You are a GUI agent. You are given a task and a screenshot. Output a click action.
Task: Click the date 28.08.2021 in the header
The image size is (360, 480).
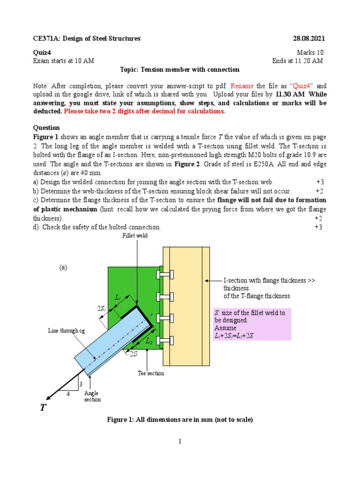coord(309,38)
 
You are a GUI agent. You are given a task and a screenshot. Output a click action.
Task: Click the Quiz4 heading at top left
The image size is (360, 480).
coord(42,52)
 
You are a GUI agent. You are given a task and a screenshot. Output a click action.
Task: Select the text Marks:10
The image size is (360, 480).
coord(310,52)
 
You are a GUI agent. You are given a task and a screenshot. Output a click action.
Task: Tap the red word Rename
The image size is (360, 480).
coord(242,86)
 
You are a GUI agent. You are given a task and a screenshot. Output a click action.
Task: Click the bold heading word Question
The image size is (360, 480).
coord(46,127)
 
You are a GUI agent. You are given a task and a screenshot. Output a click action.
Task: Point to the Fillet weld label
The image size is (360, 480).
coord(135,235)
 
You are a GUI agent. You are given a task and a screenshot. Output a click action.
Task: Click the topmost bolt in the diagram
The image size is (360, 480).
coord(165,275)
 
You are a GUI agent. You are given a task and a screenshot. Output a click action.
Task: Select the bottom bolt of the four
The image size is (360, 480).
coord(165,341)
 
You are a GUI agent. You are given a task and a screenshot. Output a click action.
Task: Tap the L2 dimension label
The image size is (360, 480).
coord(149,341)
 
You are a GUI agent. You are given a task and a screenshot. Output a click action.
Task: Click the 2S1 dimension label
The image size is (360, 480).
coord(102,308)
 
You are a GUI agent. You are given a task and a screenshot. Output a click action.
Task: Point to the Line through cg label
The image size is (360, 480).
coord(67,330)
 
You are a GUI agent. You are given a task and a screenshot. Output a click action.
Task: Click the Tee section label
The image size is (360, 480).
coord(151,373)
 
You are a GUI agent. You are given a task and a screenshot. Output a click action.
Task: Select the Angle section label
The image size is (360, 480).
coord(92,396)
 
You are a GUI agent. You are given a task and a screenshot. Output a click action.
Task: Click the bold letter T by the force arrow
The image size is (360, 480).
coord(43,407)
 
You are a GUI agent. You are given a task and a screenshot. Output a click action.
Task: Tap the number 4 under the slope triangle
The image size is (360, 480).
coord(68,394)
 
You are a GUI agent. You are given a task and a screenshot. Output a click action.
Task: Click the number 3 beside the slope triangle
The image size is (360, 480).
coord(81,384)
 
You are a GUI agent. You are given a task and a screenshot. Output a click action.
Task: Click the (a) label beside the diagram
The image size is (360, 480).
coord(63,268)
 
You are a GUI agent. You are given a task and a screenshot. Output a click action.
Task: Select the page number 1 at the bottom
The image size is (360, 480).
coord(180,441)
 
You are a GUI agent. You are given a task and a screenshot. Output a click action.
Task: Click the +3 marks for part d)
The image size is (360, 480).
coord(318,227)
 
